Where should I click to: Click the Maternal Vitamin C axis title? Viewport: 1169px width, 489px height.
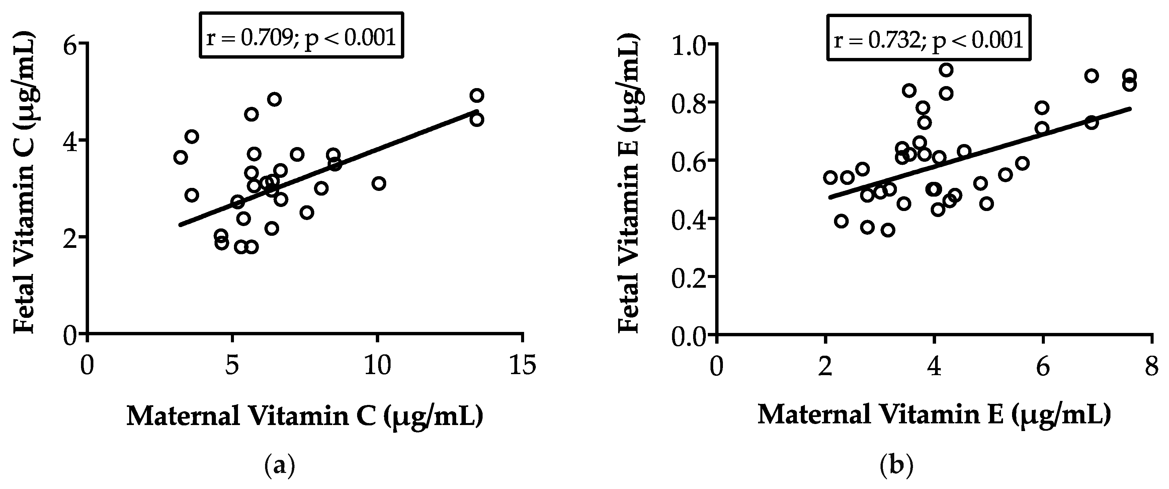[305, 416]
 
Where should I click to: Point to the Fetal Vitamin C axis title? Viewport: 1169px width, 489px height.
[24, 183]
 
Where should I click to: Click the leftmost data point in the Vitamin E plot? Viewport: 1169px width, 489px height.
[830, 178]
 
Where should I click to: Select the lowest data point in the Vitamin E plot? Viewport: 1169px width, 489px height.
[888, 230]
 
